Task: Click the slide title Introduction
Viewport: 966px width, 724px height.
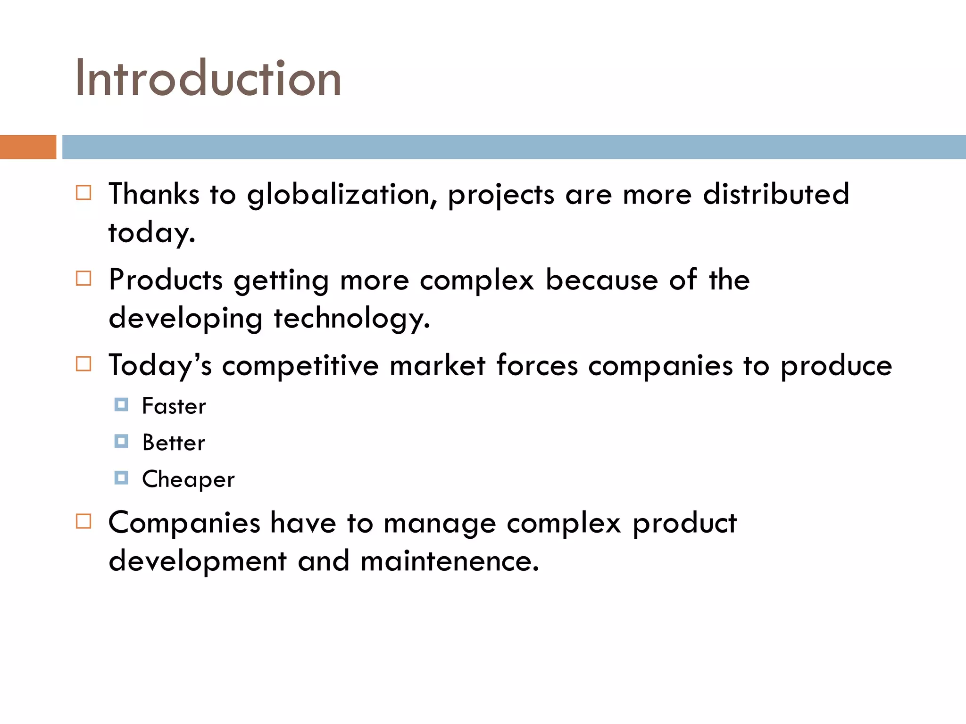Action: click(208, 78)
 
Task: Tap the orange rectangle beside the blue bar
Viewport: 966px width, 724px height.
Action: click(28, 147)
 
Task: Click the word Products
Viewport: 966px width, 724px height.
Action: click(166, 280)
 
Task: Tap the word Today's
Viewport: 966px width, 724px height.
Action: click(160, 366)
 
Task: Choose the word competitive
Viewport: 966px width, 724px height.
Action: click(300, 366)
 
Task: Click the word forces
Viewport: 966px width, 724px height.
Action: click(537, 365)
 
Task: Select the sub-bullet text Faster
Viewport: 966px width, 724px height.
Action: click(174, 406)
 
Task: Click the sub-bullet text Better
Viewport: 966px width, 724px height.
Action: click(174, 443)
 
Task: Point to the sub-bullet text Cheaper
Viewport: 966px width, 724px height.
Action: click(188, 479)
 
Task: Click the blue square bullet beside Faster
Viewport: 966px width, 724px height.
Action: click(121, 404)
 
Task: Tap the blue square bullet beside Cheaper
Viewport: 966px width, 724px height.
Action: click(121, 478)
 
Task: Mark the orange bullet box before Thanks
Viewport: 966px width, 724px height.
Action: click(83, 193)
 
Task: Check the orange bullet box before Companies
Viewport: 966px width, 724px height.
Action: click(83, 521)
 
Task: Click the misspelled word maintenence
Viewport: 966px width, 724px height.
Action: click(449, 561)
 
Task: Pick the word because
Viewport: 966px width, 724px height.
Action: click(601, 280)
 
